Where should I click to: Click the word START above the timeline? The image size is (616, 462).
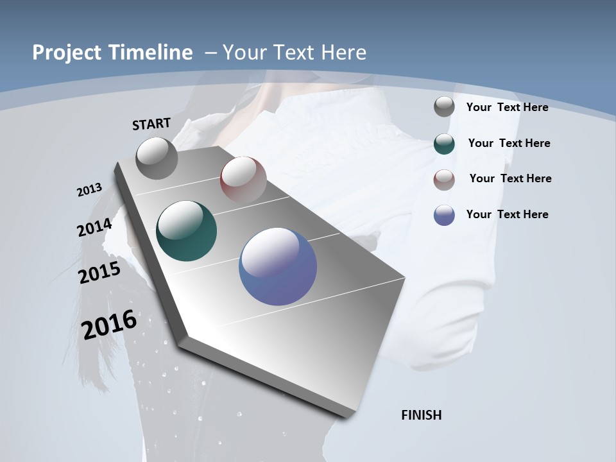point(151,124)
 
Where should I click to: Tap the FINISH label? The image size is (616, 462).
point(422,415)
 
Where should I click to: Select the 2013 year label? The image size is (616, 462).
point(89,189)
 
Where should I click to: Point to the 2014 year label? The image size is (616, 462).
point(94,227)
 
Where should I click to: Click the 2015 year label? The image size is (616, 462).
point(99,272)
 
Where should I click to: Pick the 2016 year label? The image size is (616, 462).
point(109,325)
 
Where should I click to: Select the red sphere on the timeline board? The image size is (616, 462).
point(243,179)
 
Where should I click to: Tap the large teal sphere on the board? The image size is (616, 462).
point(187,231)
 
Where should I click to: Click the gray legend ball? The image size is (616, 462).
point(444,107)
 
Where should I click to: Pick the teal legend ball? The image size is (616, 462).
point(444,144)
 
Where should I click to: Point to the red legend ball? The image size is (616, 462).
point(444,180)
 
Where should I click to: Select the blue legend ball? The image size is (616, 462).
point(444,215)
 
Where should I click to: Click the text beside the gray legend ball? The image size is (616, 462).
point(507,107)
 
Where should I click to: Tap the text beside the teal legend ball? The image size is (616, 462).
point(509,143)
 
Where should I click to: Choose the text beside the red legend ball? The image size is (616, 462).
point(510,178)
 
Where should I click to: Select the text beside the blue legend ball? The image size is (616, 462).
point(507,214)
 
